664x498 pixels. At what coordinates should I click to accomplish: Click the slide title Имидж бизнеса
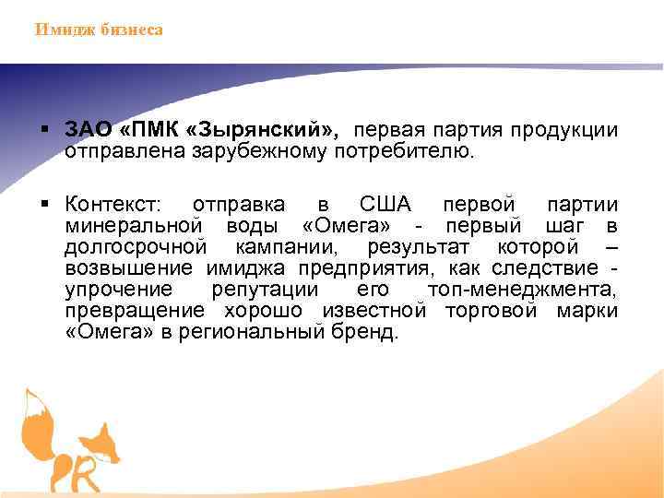coord(99,30)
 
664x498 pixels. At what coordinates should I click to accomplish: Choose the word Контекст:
coord(112,204)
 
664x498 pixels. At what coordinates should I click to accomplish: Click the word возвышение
coord(129,268)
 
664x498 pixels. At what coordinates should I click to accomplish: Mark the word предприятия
coord(378,268)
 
